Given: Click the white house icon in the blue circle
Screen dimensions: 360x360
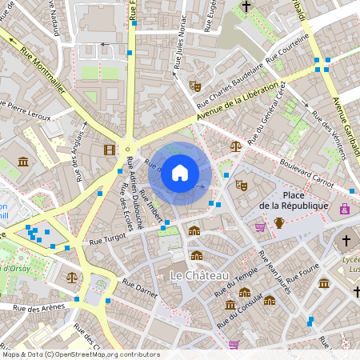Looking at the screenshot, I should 180,173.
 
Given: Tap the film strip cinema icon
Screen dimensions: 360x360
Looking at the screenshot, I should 109,149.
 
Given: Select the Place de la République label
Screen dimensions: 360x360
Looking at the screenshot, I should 294,201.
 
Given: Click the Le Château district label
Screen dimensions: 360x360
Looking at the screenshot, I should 200,275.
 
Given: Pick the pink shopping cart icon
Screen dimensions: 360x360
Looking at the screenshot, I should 260,226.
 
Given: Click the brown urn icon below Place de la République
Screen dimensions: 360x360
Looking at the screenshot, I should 279,222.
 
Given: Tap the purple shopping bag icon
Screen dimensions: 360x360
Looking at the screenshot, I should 345,209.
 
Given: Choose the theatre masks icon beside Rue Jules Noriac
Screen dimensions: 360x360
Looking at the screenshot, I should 194,84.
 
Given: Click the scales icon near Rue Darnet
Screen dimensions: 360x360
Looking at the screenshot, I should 73,278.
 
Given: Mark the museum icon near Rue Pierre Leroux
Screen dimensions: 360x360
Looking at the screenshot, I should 23,162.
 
